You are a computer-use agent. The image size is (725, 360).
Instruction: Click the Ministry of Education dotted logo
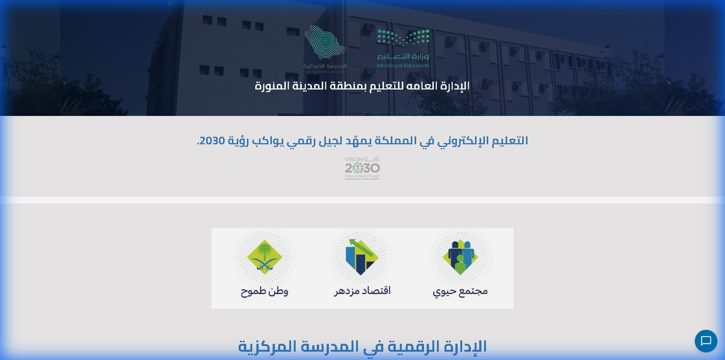(403, 38)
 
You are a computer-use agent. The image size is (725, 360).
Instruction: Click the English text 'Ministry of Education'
(403, 66)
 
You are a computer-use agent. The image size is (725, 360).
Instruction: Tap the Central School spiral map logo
(325, 42)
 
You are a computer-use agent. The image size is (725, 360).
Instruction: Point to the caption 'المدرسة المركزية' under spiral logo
(325, 66)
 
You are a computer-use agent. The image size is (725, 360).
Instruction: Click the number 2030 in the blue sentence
(212, 141)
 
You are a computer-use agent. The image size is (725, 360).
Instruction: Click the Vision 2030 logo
(362, 168)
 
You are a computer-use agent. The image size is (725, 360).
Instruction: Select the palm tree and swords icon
(265, 257)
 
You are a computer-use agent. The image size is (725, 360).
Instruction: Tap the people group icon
(460, 257)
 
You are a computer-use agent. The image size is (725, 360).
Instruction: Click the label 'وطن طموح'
(265, 291)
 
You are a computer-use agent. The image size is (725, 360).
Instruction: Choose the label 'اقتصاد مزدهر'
(362, 291)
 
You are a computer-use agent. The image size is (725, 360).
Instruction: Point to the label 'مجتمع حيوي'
(460, 291)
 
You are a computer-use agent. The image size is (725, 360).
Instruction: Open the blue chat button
(706, 341)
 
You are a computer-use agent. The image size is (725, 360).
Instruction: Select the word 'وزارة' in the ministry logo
(420, 56)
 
